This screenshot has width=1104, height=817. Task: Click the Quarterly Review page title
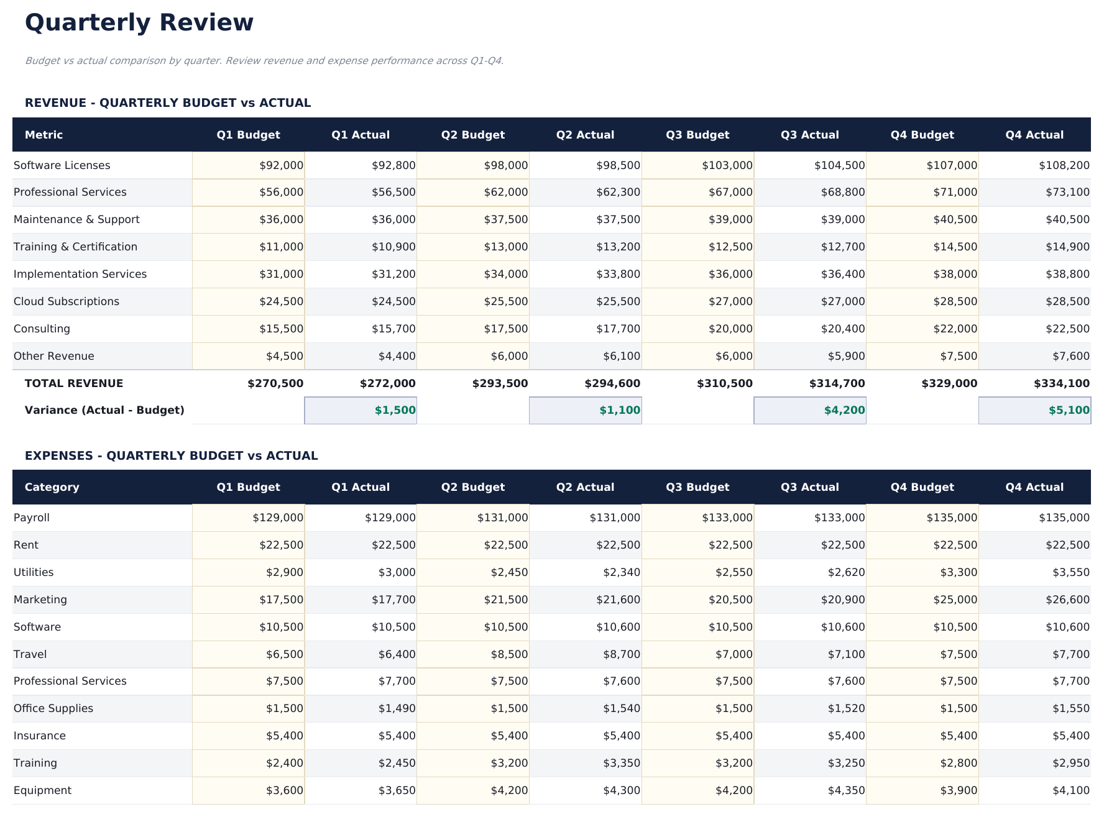139,23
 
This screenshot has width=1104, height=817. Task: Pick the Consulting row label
42,329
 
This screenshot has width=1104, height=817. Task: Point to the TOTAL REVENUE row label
73,383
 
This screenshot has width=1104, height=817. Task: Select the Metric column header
44,135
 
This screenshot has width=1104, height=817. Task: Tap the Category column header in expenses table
52,487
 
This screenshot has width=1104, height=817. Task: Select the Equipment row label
42,790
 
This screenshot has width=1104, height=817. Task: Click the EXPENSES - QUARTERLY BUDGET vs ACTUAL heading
171,455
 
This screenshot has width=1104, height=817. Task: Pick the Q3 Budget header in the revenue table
697,135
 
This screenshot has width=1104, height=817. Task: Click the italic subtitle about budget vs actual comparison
264,61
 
